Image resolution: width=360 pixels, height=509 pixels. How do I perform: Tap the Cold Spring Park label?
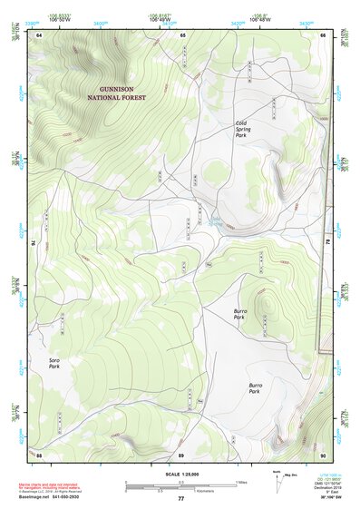(243, 129)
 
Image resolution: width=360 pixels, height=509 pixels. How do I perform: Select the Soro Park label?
(54, 365)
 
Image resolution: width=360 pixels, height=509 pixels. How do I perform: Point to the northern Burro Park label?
(239, 315)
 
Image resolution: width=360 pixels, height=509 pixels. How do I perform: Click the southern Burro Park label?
(254, 388)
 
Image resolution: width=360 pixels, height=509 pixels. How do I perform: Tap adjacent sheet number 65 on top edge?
(182, 34)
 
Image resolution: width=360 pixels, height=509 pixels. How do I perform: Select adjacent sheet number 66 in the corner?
(322, 34)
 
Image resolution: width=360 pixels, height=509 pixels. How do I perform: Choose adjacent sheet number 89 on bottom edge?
(181, 454)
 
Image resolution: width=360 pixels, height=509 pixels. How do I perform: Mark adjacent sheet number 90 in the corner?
(322, 454)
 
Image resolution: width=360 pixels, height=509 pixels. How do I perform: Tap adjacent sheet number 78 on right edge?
(327, 243)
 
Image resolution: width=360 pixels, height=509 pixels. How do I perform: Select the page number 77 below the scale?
(180, 498)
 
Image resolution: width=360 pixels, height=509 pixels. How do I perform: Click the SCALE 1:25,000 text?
(180, 474)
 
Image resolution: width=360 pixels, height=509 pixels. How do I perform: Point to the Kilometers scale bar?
(181, 490)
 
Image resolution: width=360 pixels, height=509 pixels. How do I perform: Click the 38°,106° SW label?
(330, 498)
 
